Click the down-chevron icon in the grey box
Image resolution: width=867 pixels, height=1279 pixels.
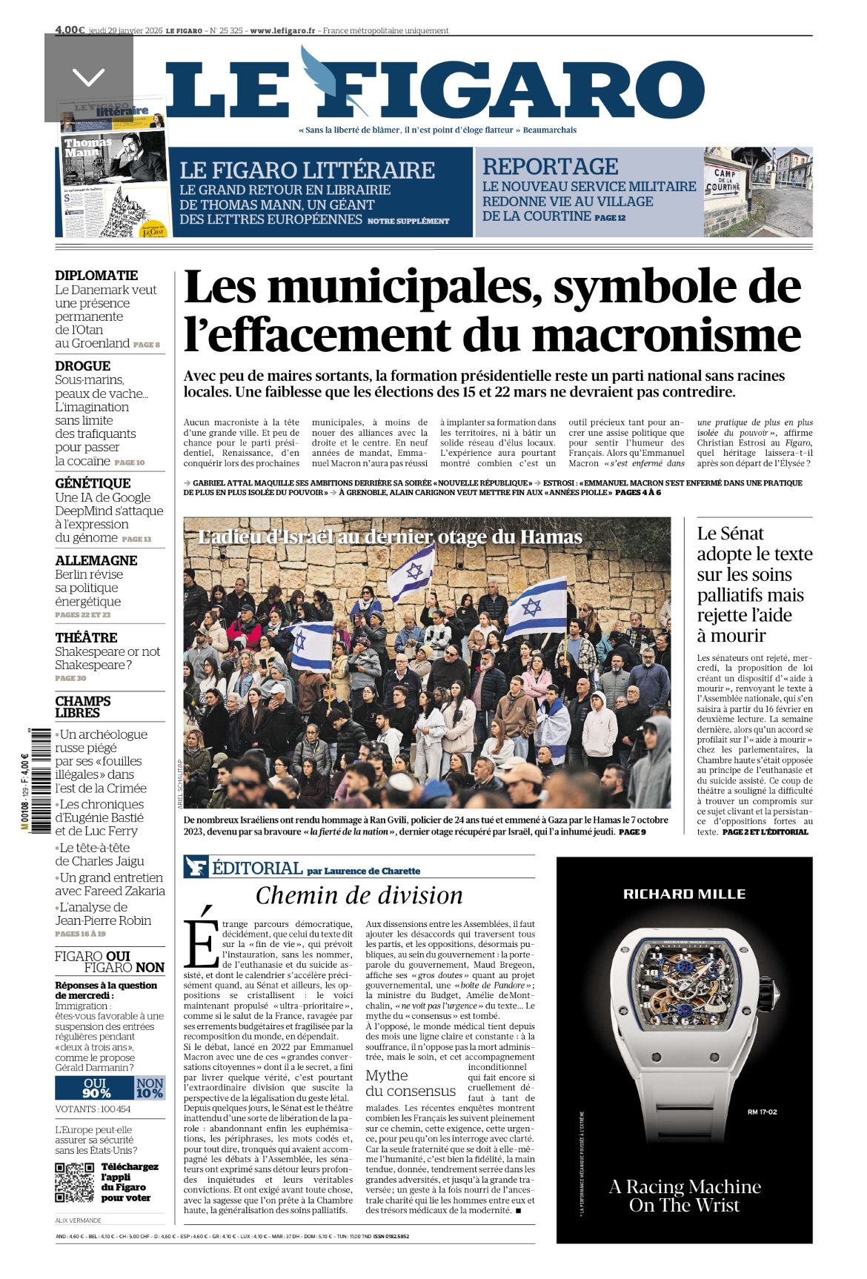point(89,76)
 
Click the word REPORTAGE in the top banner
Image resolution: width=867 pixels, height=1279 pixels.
point(550,167)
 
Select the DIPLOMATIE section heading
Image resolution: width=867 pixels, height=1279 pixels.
point(96,276)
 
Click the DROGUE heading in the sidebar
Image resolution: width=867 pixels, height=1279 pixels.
point(82,366)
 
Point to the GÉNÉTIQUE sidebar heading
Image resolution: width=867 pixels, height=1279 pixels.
point(93,483)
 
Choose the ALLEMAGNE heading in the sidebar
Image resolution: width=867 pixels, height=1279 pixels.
point(96,561)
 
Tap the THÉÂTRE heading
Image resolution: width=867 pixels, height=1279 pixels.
point(86,638)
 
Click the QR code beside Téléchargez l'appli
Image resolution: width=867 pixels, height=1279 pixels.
point(75,1183)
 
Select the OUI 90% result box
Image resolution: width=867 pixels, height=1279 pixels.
point(94,1089)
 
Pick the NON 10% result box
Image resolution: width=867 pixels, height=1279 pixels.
point(150,1089)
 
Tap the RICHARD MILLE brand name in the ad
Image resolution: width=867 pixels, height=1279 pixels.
point(684,894)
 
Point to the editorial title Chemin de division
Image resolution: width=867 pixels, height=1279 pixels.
point(359,896)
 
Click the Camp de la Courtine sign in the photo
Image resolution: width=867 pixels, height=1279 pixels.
point(722,181)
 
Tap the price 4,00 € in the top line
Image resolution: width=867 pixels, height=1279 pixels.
point(70,30)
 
